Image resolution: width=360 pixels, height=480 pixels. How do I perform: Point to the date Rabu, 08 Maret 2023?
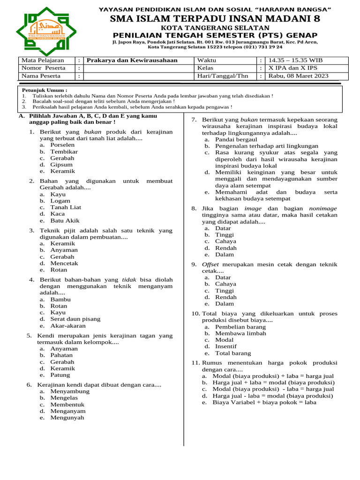(298, 76)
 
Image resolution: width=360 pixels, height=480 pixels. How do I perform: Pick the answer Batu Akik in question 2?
(65, 220)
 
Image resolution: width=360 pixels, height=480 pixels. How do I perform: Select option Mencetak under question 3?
(64, 263)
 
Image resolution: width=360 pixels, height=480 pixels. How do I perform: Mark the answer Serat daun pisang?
(75, 319)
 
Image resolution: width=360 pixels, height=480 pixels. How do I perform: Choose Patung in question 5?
(60, 375)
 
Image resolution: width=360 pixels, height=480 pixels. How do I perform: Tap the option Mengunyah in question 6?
(67, 417)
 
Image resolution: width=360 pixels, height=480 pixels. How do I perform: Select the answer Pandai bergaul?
(236, 139)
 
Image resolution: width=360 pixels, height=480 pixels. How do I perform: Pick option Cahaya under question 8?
(225, 241)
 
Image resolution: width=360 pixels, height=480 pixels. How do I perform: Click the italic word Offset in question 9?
(210, 264)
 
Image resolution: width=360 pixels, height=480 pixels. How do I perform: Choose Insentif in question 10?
(226, 346)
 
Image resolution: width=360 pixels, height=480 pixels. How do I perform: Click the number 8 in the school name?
(317, 19)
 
